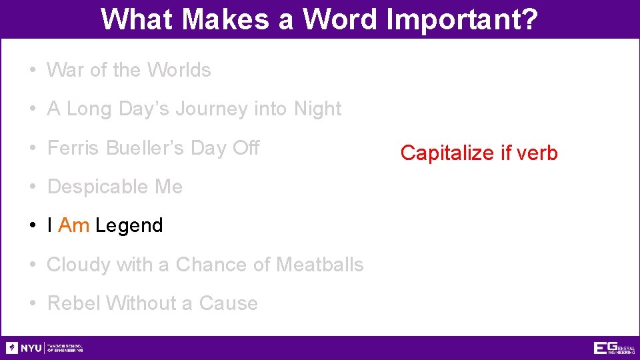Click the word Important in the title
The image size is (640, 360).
coord(462,19)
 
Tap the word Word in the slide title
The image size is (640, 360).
coord(340,19)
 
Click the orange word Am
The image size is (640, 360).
coord(74,225)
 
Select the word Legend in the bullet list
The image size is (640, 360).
coord(129,226)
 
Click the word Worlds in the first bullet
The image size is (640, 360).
coord(179,70)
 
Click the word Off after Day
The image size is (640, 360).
coord(245,148)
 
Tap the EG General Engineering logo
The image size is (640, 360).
coord(613,348)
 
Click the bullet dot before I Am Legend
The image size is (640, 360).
coord(33,226)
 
